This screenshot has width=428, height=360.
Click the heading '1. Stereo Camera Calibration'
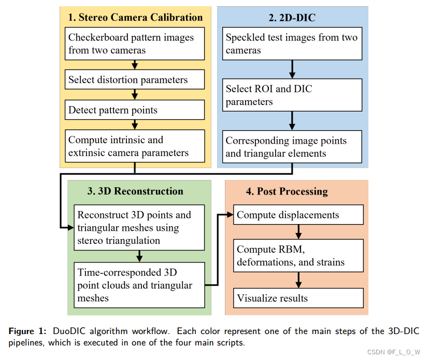[135, 17]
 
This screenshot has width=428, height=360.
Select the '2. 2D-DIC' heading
[292, 17]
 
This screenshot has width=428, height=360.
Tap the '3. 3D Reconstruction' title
[135, 191]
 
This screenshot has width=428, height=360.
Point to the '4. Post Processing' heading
[287, 191]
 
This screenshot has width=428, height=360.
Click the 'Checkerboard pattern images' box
[134, 44]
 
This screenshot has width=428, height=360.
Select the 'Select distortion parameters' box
[134, 80]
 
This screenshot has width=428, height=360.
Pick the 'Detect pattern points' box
[134, 109]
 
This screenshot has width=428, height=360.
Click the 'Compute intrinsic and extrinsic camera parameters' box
[134, 146]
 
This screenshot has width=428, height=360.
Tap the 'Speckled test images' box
[292, 44]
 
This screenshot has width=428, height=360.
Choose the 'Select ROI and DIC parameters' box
[292, 95]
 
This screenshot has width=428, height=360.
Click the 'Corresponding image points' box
[292, 147]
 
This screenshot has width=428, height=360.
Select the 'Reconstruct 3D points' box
[139, 227]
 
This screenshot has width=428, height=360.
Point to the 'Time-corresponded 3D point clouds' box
[139, 284]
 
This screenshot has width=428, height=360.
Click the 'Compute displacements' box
[298, 215]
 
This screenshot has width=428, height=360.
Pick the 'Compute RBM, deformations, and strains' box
[298, 256]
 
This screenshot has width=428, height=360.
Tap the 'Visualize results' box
[298, 298]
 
